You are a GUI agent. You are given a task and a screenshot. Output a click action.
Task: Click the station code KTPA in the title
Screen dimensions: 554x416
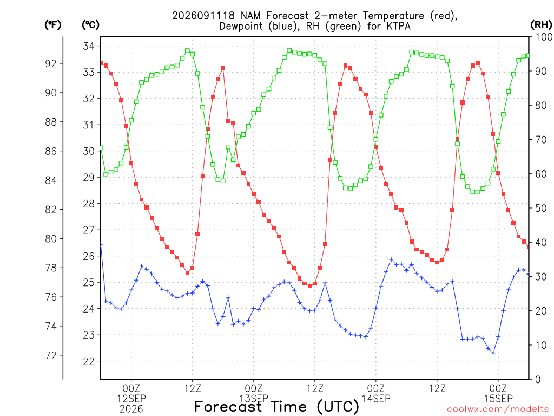point(397,26)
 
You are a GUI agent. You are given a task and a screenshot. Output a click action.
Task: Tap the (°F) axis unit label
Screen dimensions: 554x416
point(52,25)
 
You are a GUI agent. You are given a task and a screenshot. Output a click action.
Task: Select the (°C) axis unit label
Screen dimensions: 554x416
point(90,25)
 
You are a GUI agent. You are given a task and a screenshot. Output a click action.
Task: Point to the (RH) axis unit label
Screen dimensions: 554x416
point(541,25)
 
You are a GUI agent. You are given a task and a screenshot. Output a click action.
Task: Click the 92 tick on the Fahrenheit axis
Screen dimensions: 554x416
point(51,64)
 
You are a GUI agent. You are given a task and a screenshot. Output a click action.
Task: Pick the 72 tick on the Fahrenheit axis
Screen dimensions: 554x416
point(51,355)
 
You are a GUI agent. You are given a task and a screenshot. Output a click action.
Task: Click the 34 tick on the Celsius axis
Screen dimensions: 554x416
point(89,46)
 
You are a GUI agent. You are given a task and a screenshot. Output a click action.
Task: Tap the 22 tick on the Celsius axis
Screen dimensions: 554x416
point(89,361)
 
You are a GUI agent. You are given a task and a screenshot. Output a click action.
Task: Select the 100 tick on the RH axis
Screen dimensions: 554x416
point(544,37)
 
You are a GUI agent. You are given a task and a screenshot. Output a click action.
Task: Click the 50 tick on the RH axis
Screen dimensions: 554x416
point(541,209)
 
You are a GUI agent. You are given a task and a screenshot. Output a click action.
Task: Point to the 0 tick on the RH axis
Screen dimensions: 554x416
point(538,380)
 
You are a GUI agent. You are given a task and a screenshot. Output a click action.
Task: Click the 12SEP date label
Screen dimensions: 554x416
point(131,399)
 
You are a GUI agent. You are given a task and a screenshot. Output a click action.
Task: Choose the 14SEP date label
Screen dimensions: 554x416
point(376,399)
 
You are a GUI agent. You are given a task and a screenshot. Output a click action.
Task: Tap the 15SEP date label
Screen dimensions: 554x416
point(498,399)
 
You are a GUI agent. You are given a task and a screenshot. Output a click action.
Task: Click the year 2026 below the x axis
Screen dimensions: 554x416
point(131,409)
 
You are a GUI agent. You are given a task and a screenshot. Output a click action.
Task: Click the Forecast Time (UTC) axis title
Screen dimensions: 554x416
point(276,407)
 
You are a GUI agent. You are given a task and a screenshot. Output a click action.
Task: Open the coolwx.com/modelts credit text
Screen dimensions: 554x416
point(498,409)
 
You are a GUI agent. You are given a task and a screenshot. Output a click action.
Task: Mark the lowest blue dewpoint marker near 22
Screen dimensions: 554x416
point(493,353)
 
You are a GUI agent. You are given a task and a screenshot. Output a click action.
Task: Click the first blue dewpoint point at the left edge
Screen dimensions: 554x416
point(101,245)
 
